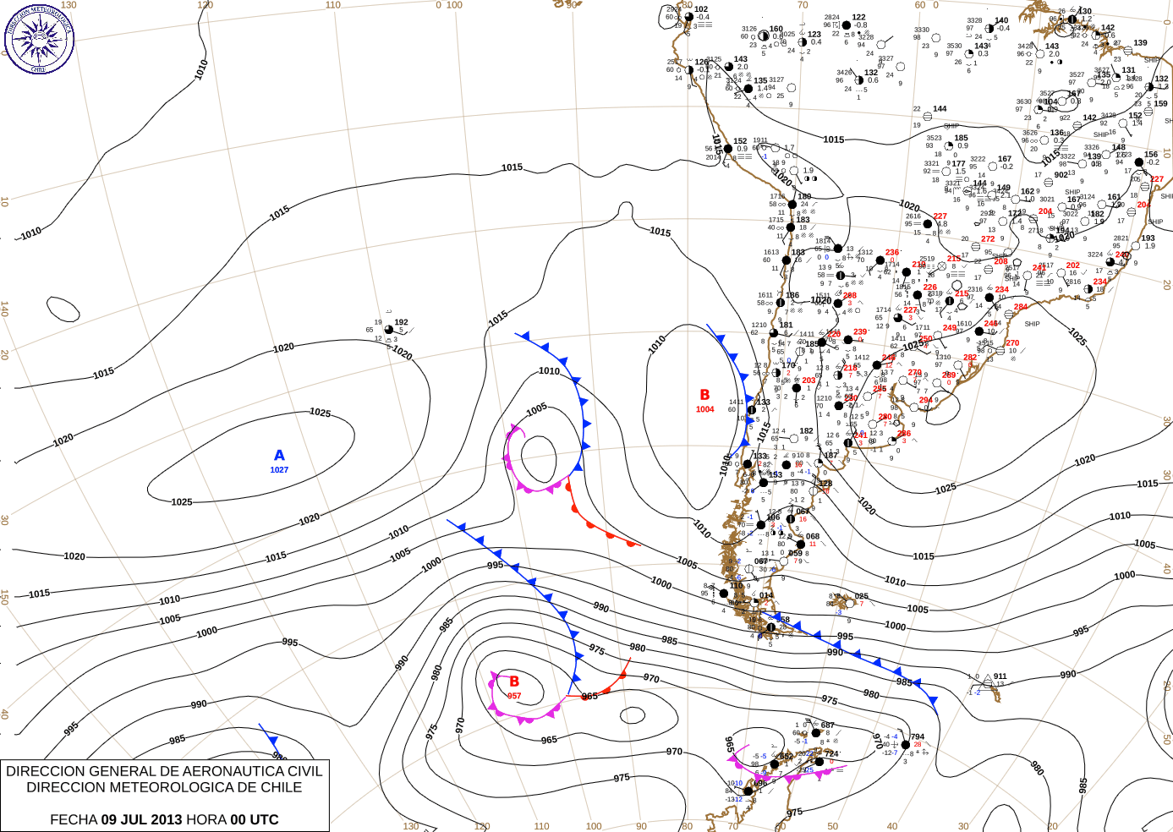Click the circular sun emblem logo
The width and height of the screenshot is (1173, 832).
(39, 38)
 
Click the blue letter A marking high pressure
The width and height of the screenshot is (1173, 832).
(279, 456)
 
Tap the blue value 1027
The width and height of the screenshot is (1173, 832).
(279, 470)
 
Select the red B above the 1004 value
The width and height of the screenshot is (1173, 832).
(704, 395)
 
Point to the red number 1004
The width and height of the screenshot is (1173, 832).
(704, 409)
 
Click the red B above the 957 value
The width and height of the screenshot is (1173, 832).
(514, 681)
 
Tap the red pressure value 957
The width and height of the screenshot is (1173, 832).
(514, 696)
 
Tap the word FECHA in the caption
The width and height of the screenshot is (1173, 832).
(74, 819)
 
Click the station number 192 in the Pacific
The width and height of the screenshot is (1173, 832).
(401, 322)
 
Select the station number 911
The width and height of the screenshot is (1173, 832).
(1000, 676)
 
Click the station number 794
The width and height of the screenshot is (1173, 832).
(918, 736)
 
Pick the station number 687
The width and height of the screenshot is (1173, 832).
(827, 725)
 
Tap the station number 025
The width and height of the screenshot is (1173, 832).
(861, 596)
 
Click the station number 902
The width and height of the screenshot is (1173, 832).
(1061, 175)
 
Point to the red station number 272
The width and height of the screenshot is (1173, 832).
(988, 239)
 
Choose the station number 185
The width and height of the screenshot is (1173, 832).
(961, 138)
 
